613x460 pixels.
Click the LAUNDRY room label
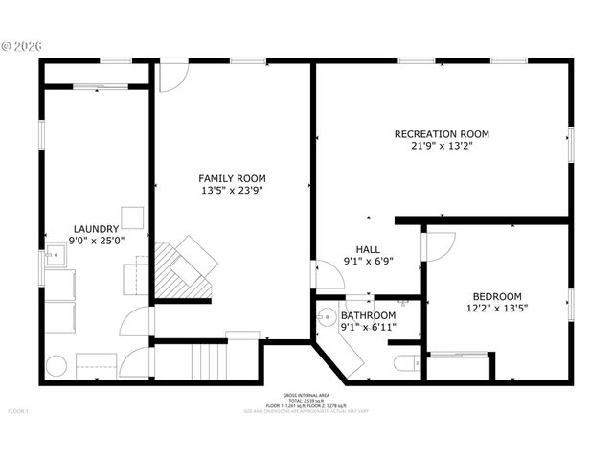(x=96, y=229)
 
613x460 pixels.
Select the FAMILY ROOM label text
(x=232, y=178)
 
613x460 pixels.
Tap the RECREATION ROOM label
(x=442, y=133)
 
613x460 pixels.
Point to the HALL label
(x=368, y=248)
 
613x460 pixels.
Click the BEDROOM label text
(x=496, y=296)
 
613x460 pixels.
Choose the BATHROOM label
(x=369, y=315)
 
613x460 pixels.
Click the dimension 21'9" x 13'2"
(x=442, y=146)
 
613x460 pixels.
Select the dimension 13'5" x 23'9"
(x=232, y=191)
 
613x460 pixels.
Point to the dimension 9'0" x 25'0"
(x=96, y=241)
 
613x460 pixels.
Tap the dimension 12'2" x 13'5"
(x=496, y=309)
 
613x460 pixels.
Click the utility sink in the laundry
(x=54, y=256)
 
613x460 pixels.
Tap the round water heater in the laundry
(x=57, y=366)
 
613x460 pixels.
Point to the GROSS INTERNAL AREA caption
(x=306, y=395)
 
